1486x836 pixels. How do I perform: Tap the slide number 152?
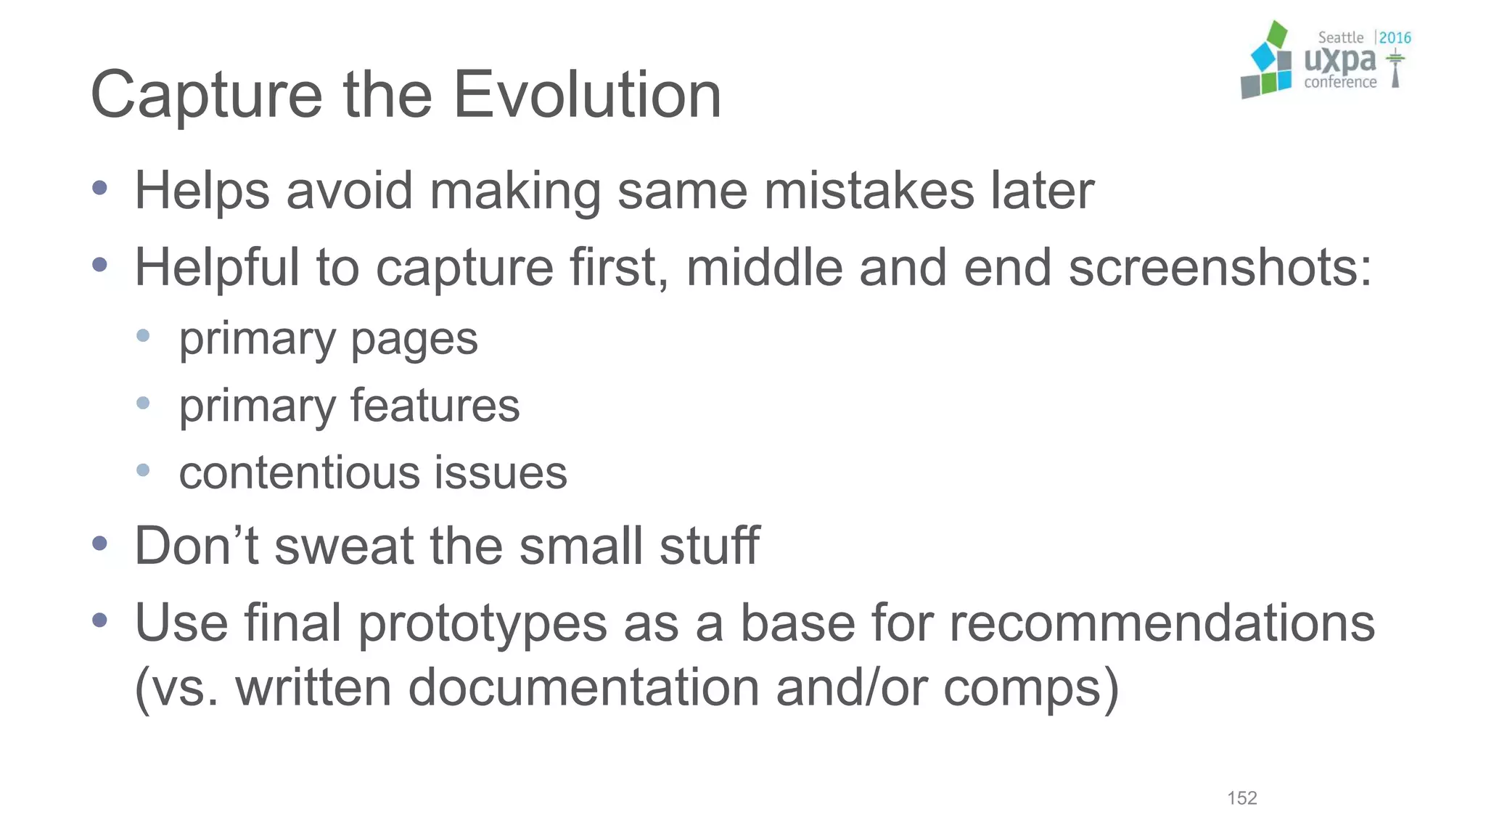click(x=1241, y=798)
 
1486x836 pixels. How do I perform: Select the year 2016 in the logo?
click(x=1395, y=38)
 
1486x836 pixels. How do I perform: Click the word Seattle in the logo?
click(x=1340, y=38)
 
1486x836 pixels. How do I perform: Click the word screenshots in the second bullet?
click(x=1219, y=268)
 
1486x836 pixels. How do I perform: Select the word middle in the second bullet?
click(x=764, y=268)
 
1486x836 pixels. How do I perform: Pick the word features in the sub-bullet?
click(x=435, y=405)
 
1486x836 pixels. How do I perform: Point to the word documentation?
click(x=583, y=687)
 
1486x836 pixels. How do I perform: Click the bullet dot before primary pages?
click(x=143, y=335)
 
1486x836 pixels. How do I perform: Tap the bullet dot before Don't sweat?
click(x=100, y=544)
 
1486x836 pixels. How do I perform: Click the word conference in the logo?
click(x=1339, y=82)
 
